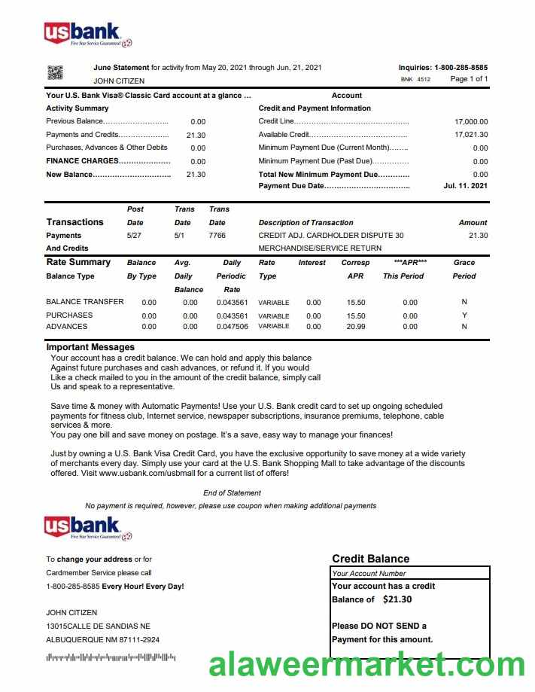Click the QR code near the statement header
[56, 73]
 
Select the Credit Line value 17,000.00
[471, 121]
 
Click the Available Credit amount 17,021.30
[471, 135]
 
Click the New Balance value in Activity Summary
[196, 175]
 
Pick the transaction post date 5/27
[135, 236]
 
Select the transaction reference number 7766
[217, 236]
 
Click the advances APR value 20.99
[355, 327]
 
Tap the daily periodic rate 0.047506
[232, 327]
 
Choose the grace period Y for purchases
[464, 316]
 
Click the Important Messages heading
[90, 347]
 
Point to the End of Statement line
[232, 493]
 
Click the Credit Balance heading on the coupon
[370, 559]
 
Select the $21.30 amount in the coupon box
[397, 600]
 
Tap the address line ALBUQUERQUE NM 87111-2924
[102, 640]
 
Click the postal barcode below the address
[111, 658]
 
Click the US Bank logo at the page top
[87, 34]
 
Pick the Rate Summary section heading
[78, 262]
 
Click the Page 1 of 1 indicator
[469, 79]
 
